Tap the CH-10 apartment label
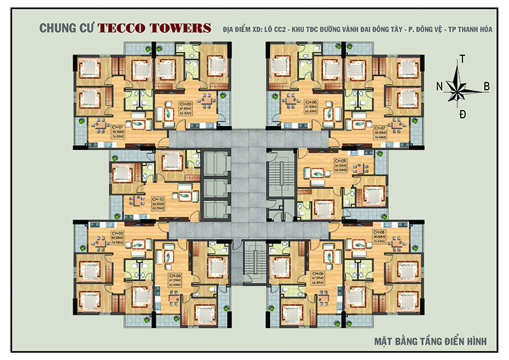pyautogui.click(x=158, y=199)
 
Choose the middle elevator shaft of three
pyautogui.click(x=213, y=189)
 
